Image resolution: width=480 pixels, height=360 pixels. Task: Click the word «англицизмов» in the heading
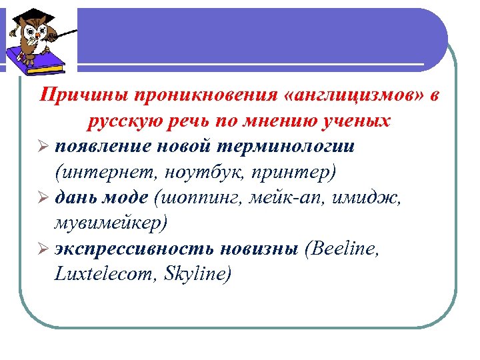click(353, 97)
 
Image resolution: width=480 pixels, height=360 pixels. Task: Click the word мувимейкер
click(111, 223)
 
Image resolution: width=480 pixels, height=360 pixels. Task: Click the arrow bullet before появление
click(44, 147)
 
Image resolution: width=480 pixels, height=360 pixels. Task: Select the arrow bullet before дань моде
click(44, 198)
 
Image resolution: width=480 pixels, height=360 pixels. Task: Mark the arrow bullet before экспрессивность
click(44, 248)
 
